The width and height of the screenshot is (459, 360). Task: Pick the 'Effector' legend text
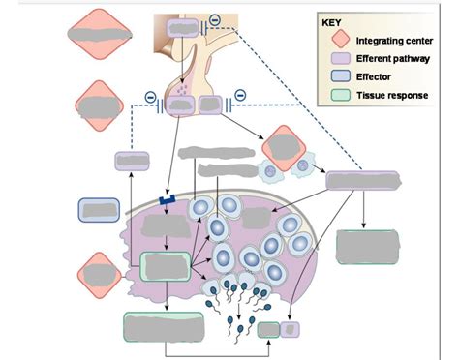click(374, 76)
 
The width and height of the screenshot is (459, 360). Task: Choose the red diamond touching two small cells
click(284, 148)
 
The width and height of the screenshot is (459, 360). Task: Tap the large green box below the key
click(366, 248)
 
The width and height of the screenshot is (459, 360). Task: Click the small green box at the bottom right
click(267, 330)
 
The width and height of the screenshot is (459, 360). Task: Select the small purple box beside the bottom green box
click(291, 330)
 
